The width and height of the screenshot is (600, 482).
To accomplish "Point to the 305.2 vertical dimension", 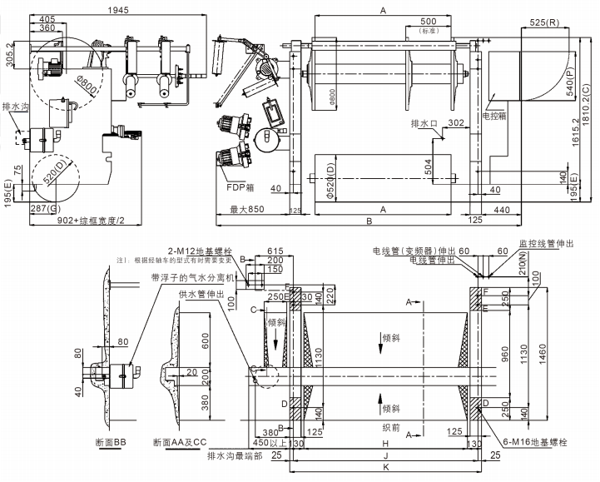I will [9, 56].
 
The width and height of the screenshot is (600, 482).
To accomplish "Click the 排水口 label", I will [424, 124].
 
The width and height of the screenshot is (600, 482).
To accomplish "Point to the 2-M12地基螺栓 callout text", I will [199, 251].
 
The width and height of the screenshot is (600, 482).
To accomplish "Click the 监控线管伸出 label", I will [547, 243].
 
